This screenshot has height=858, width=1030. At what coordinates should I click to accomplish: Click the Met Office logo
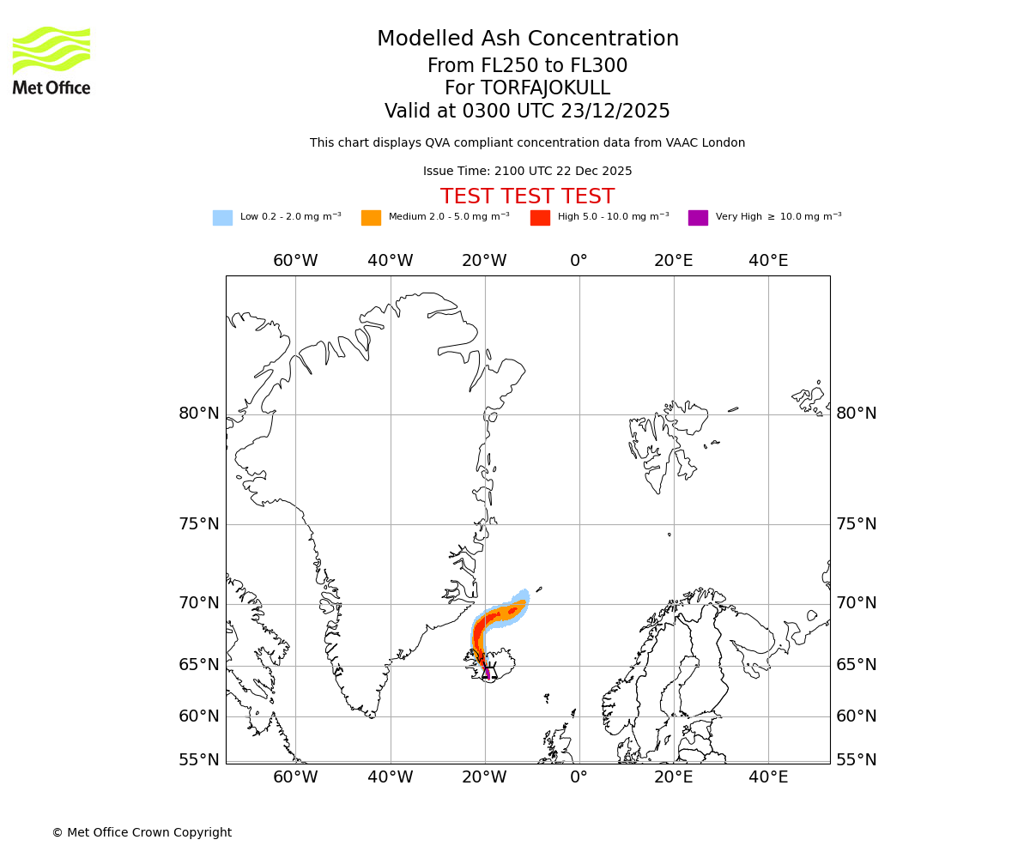51,60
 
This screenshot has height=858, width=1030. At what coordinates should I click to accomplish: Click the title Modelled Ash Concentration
527,39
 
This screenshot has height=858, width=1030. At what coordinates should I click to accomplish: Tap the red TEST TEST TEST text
527,197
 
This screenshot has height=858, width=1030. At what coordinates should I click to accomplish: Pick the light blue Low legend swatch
222,218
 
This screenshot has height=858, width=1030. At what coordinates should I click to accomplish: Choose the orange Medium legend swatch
371,218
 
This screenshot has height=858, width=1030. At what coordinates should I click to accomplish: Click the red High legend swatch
540,218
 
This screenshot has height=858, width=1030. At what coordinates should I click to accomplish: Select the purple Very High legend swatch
698,218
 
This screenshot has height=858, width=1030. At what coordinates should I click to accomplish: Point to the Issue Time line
527,172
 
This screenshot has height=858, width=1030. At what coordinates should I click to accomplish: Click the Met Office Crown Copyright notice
142,833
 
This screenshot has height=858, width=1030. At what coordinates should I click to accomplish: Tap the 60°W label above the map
295,261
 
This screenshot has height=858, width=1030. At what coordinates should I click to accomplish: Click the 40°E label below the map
768,777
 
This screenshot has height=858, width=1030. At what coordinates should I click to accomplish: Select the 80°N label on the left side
199,414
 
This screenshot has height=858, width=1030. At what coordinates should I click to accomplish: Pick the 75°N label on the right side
857,524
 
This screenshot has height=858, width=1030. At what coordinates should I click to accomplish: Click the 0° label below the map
579,777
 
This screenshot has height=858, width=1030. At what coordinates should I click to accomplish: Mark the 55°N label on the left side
199,760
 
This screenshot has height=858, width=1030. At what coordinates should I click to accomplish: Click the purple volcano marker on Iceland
487,673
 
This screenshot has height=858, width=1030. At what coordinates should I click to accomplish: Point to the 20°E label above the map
674,261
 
